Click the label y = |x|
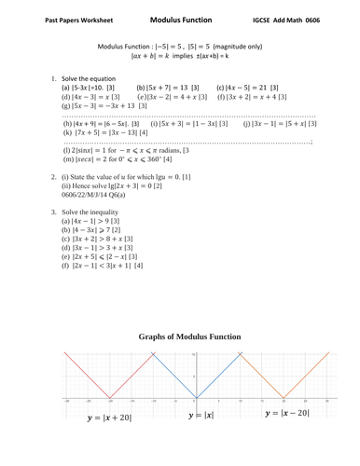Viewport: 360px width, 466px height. [x=202, y=414]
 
